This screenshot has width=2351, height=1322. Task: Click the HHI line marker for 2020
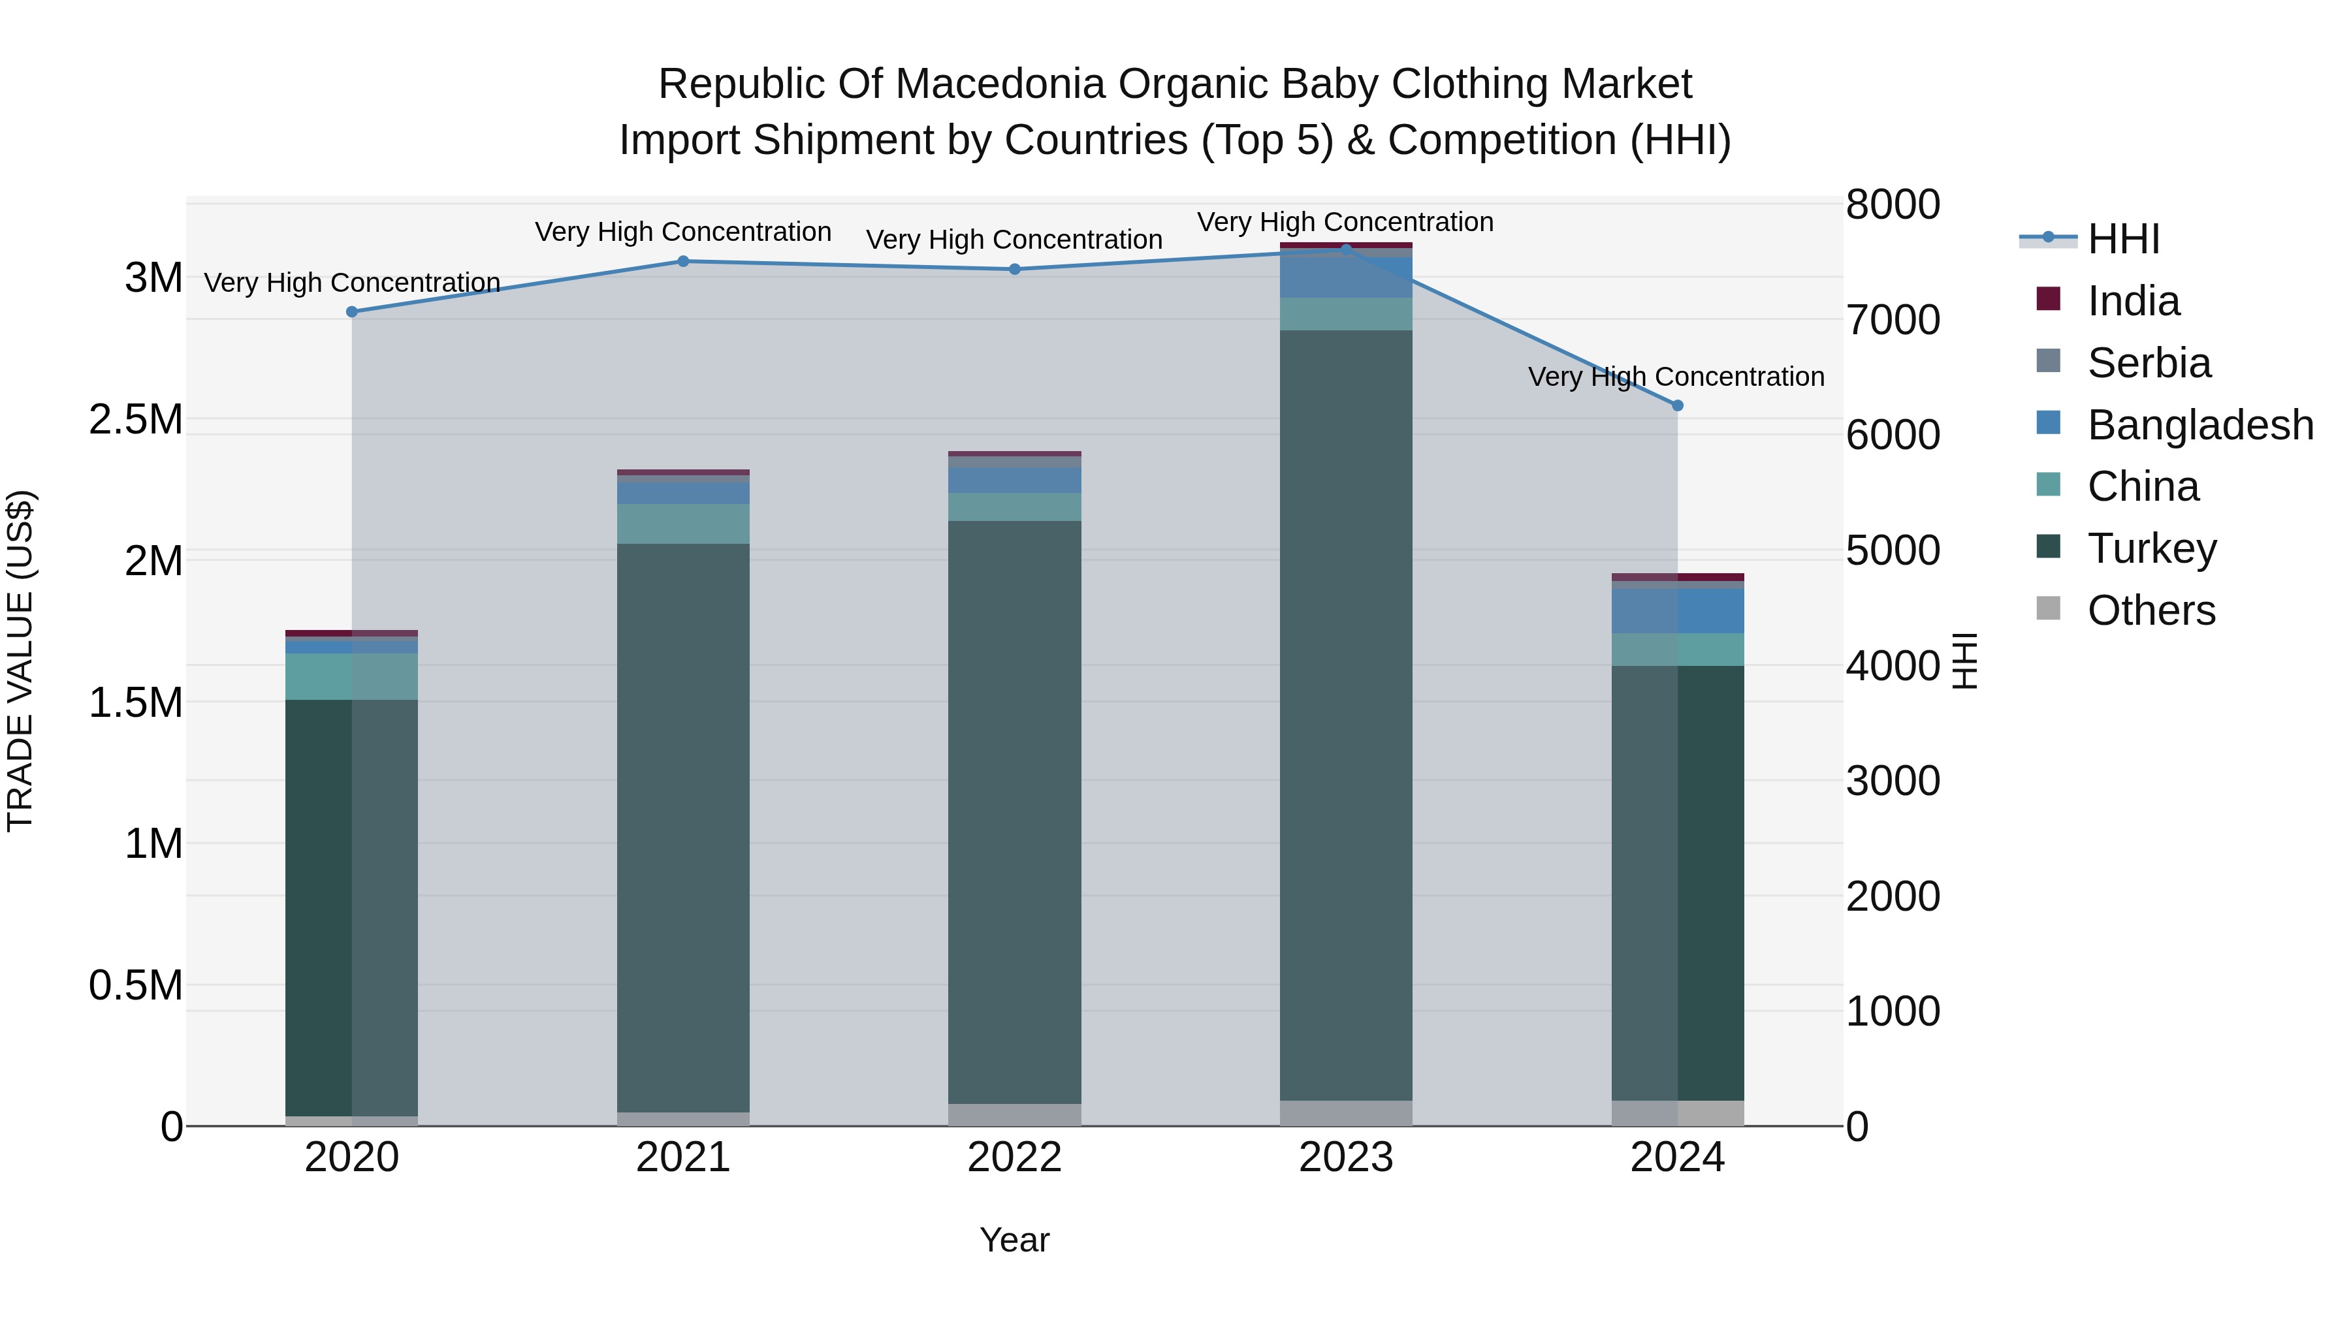(x=352, y=312)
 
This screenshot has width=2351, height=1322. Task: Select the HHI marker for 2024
(x=1678, y=406)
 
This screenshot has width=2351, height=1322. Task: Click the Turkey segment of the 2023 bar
(x=1346, y=712)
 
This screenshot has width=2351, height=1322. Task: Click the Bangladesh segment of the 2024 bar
(x=1678, y=611)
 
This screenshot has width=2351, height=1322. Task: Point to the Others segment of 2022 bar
(x=1014, y=1115)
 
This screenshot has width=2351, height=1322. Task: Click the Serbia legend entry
(x=2149, y=363)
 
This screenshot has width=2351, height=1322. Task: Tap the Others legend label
(x=2151, y=611)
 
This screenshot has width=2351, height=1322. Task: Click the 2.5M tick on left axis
(x=136, y=420)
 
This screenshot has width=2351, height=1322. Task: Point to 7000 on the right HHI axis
(x=1893, y=321)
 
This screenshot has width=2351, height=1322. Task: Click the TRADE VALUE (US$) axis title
(x=20, y=661)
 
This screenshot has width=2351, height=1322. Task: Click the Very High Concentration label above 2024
(x=1676, y=377)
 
